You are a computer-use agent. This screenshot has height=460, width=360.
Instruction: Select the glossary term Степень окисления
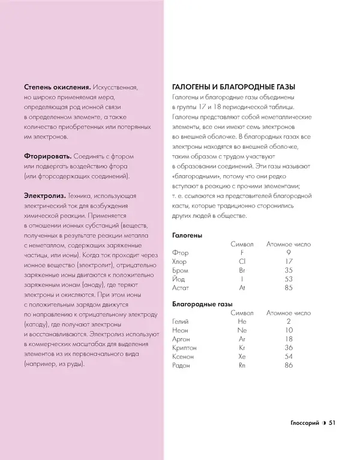pos(57,86)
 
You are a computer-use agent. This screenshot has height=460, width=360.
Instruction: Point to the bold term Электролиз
pos(45,196)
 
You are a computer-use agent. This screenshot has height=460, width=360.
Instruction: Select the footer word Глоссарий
pos(301,423)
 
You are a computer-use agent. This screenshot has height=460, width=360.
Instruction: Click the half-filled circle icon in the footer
pos(323,423)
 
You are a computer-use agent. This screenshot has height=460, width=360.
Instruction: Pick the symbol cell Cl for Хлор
pos(242,261)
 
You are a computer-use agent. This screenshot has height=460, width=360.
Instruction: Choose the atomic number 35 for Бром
pos(289,270)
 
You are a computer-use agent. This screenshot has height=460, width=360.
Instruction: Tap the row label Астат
pos(181,288)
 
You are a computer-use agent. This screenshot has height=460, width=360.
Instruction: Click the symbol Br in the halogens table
pos(242,270)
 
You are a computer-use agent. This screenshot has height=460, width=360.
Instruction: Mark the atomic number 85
pos(289,288)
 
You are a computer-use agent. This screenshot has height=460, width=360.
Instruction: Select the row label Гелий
pos(181,321)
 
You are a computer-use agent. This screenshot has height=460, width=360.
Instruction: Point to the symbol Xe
pos(242,356)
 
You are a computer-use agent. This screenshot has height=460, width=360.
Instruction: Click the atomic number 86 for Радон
pos(289,365)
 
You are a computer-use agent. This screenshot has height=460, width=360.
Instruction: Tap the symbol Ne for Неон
pos(242,330)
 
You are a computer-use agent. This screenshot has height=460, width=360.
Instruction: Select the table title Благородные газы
pos(202,304)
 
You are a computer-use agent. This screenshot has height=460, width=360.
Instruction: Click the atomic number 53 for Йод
pos(289,279)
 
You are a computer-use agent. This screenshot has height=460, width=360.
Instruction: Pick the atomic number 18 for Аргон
pos(289,339)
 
